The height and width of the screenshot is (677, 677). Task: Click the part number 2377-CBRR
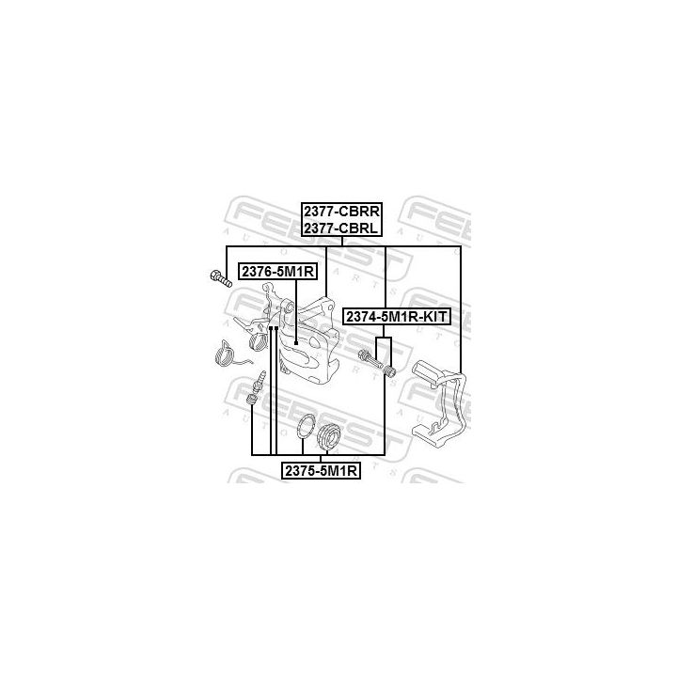coord(341,212)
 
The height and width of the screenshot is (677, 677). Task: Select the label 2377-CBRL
coord(340,228)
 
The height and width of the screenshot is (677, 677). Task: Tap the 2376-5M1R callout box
coord(277,272)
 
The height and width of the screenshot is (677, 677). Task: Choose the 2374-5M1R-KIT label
coord(397,317)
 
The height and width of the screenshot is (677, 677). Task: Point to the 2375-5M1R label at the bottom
coord(321,471)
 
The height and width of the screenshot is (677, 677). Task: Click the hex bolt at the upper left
coord(221,278)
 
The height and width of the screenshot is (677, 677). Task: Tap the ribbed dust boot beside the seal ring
coord(329,436)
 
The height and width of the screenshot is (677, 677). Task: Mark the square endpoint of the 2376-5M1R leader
coord(296,343)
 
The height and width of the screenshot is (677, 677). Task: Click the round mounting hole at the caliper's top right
coord(330,307)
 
